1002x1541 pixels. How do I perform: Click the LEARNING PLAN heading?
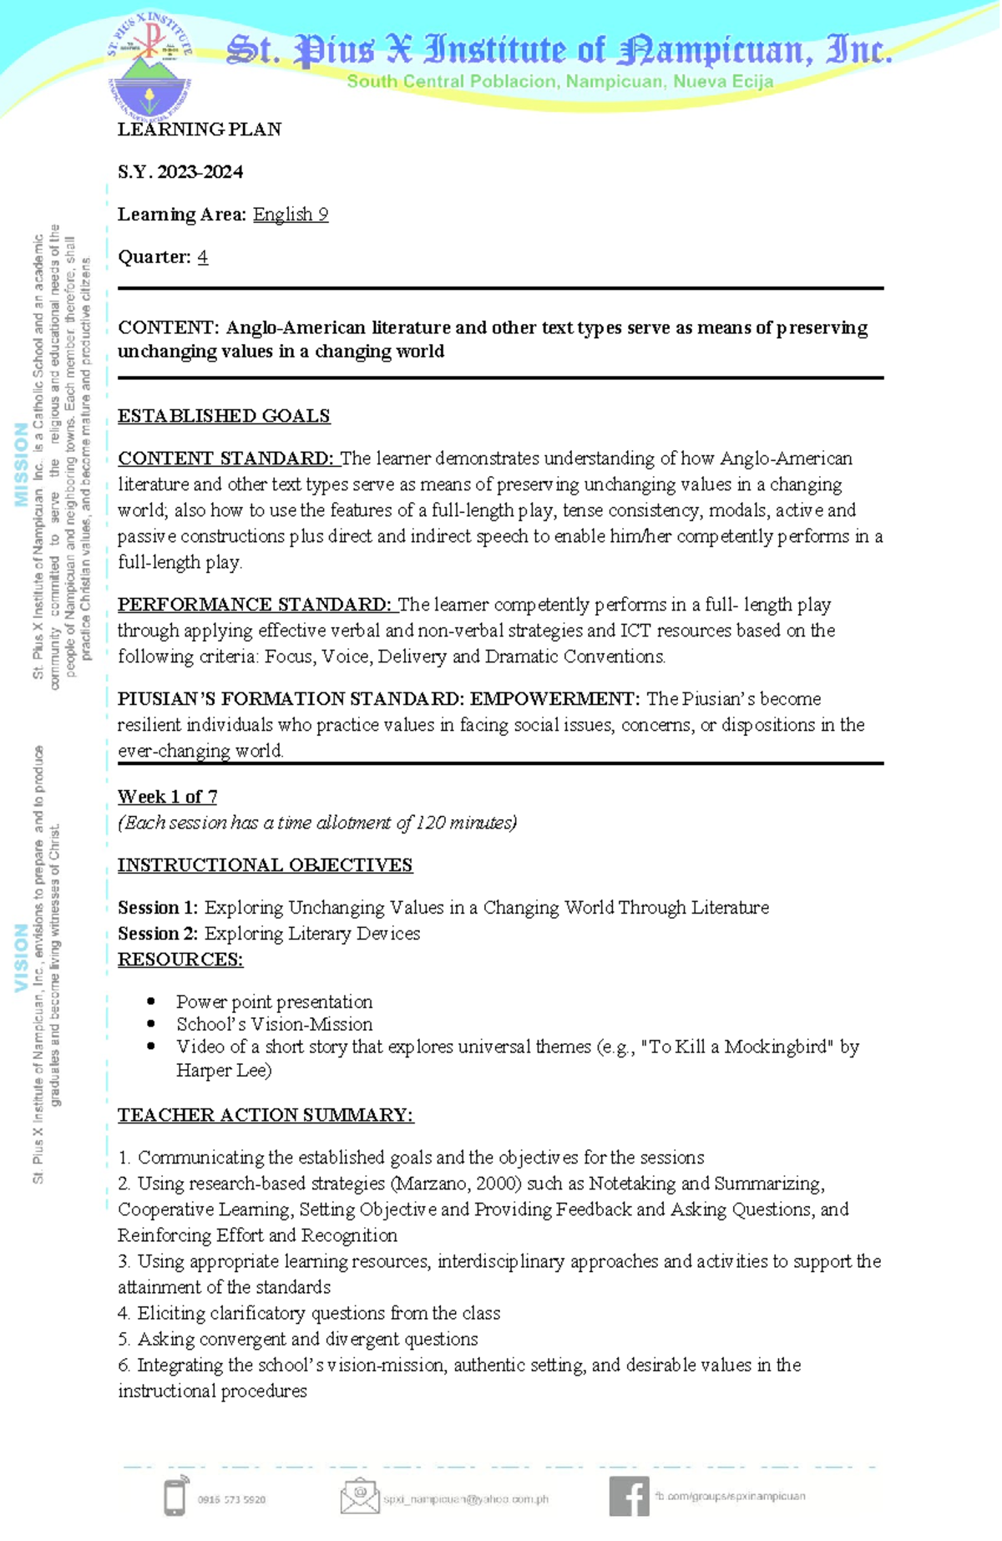(199, 129)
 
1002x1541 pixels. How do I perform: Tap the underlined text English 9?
(290, 215)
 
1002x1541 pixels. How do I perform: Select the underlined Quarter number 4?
(203, 257)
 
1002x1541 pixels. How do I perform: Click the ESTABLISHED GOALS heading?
(223, 416)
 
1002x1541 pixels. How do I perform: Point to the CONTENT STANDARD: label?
(225, 459)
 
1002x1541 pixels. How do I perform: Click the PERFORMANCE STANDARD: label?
(254, 605)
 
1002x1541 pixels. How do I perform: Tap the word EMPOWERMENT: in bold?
(554, 699)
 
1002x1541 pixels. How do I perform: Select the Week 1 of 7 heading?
(167, 797)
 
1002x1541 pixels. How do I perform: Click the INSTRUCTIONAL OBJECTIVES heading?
(265, 865)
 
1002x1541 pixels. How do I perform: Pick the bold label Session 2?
(158, 934)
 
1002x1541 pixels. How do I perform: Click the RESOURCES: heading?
(180, 960)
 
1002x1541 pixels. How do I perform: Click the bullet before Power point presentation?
(151, 1001)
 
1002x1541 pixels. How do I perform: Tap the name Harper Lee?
(223, 1071)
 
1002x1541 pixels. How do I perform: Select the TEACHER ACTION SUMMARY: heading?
(266, 1115)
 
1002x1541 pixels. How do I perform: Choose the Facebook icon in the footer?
(629, 1496)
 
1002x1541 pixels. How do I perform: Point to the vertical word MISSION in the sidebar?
(21, 464)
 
